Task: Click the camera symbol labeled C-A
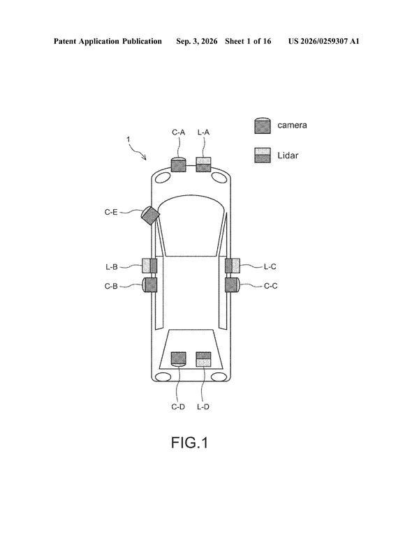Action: [178, 165]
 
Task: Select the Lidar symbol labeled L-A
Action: [203, 165]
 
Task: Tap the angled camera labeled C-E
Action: [150, 215]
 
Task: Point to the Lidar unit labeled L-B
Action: [149, 266]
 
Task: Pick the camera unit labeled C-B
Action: [149, 285]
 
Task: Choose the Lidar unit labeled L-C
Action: [233, 266]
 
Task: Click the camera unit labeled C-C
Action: [233, 285]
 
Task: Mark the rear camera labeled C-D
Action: [179, 359]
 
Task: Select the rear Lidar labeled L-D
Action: [203, 359]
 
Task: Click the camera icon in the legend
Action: [263, 126]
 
